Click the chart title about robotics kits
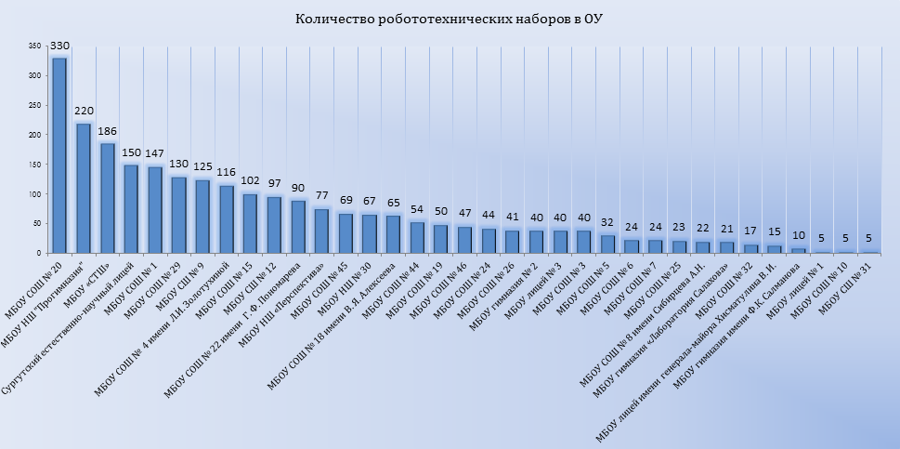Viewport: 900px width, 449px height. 450,20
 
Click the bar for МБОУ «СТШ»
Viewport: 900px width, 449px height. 108,198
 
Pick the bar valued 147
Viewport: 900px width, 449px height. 155,210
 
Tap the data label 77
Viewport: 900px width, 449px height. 321,197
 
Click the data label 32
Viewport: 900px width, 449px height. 607,223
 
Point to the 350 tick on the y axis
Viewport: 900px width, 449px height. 35,46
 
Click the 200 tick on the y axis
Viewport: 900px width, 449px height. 35,135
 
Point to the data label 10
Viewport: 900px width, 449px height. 798,235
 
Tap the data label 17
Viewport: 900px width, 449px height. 750,231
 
